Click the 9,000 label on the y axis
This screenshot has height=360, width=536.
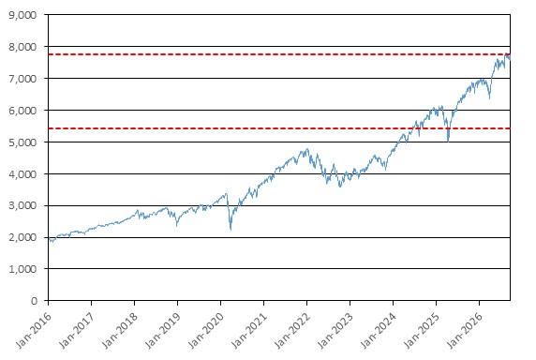pos(22,15)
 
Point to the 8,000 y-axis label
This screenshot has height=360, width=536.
pos(22,47)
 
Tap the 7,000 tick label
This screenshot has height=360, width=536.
pos(22,79)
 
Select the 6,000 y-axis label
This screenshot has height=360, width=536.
pos(22,111)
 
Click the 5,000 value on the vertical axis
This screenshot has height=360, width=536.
pos(22,142)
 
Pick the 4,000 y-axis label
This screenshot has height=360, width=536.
pos(22,174)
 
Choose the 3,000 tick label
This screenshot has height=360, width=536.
pos(22,205)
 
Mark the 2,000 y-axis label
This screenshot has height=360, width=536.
pos(22,237)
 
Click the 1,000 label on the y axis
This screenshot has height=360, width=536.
pos(22,269)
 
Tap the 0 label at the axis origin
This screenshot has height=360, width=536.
pos(34,301)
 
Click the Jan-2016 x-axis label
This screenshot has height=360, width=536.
pos(33,330)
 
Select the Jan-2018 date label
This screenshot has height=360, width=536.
pos(120,330)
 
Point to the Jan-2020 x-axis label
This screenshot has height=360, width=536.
pos(206,330)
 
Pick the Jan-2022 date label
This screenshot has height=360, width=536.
pos(292,330)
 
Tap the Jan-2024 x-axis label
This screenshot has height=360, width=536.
pos(379,330)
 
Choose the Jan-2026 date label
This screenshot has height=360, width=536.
pos(465,330)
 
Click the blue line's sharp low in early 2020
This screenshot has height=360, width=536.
pos(231,230)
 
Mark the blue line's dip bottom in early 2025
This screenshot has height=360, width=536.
pos(448,142)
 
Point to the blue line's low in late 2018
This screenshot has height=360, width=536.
pos(176,226)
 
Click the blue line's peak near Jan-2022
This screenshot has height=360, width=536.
pos(307,149)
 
